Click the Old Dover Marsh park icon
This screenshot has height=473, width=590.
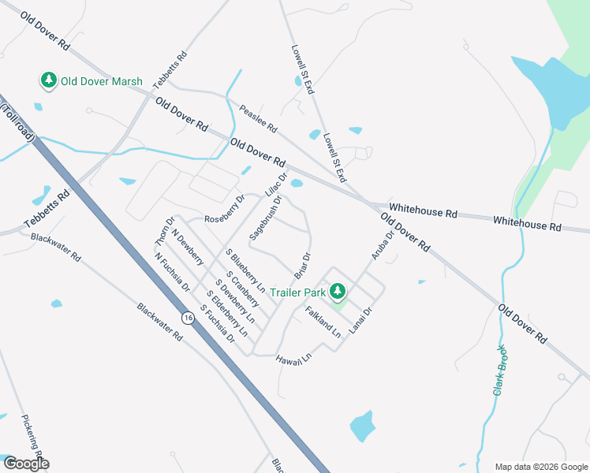49,80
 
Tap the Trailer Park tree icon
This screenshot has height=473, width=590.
338,292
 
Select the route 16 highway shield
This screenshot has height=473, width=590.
187,318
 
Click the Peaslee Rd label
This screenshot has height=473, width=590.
259,119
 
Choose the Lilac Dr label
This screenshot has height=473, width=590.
277,184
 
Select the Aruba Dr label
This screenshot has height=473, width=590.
382,245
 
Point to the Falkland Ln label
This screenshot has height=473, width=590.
323,322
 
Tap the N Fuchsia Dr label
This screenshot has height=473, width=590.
173,272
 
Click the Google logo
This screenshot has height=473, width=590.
26,464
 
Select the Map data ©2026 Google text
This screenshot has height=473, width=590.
540,467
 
